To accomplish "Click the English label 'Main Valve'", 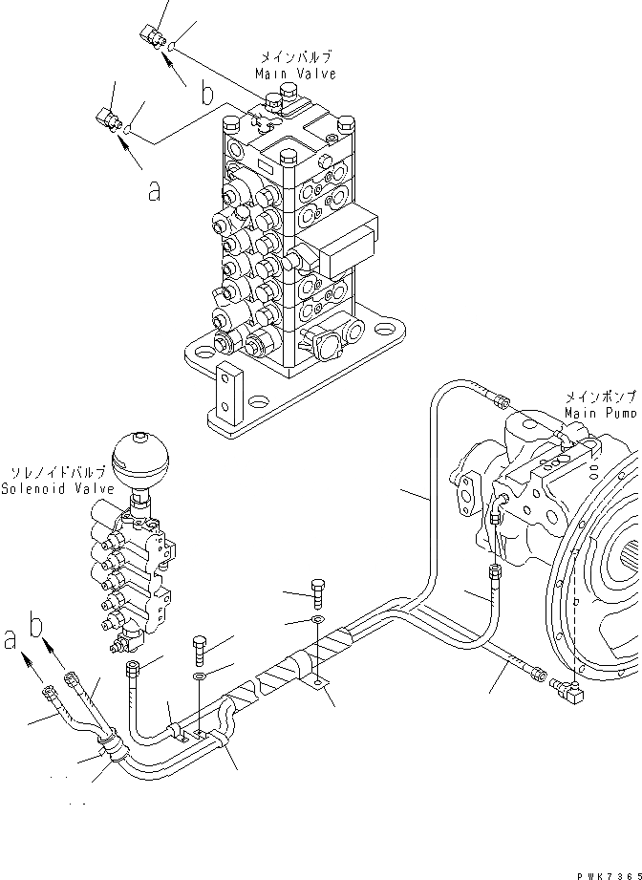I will click(295, 74).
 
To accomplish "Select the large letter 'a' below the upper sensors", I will click(153, 191).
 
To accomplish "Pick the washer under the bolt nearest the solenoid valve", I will click(200, 677).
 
